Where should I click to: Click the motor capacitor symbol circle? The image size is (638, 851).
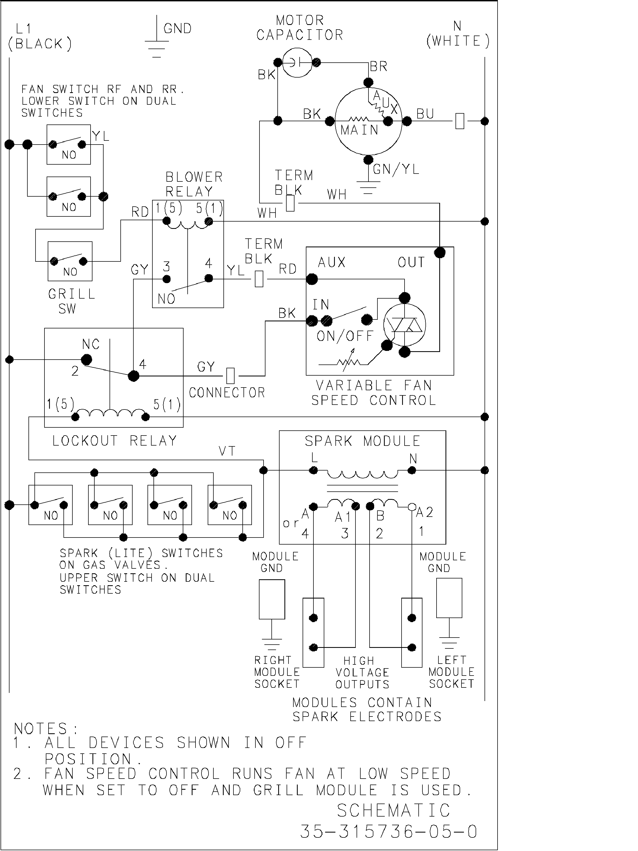(297, 62)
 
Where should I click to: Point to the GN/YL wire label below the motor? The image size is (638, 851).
(396, 169)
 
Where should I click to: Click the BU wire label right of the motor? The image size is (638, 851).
(425, 114)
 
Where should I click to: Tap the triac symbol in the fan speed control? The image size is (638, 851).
(405, 325)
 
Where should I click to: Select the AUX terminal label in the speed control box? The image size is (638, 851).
(332, 263)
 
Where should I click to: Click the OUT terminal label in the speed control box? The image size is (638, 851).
(411, 263)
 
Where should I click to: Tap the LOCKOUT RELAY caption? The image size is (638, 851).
(114, 440)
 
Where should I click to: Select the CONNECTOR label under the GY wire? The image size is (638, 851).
(226, 393)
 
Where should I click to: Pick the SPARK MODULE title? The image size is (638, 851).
(362, 441)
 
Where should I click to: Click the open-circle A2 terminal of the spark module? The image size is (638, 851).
(412, 507)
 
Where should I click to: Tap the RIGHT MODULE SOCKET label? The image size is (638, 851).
(277, 672)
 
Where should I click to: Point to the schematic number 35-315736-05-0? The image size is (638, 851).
(389, 832)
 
